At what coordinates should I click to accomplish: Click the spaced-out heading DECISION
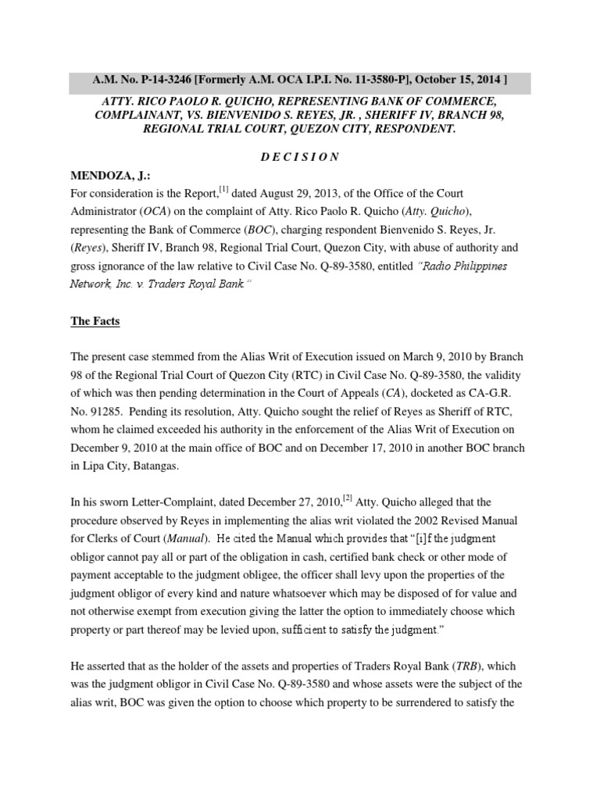tap(300, 157)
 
